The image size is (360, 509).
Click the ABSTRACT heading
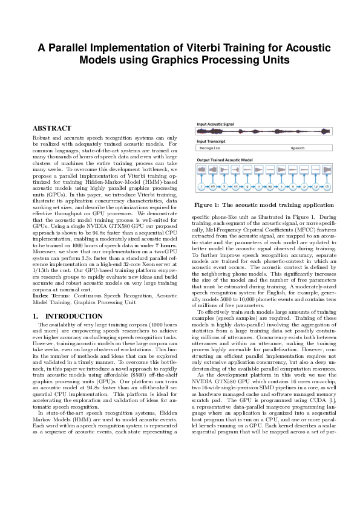tap(51, 128)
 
